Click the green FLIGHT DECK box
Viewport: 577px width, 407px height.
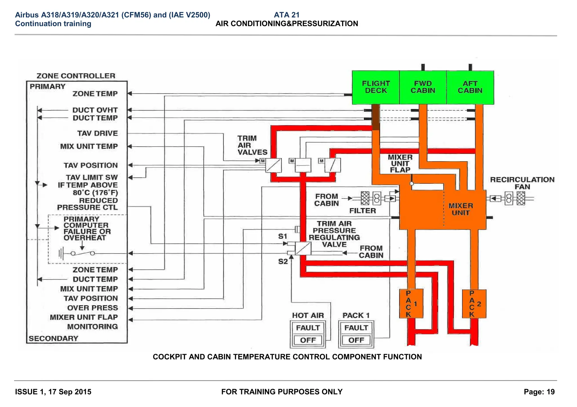(x=376, y=87)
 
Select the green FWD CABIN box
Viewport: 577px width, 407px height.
(x=423, y=87)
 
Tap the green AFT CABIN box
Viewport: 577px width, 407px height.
(x=470, y=87)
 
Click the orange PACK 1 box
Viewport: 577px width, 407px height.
(x=411, y=303)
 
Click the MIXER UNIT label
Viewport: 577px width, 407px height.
(x=461, y=209)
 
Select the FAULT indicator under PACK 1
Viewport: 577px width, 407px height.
(x=356, y=328)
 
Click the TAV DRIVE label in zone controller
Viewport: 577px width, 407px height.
(x=97, y=133)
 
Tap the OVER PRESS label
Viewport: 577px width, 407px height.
(x=92, y=308)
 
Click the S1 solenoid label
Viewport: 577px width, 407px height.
(x=282, y=236)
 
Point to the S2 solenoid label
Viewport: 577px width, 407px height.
(x=283, y=262)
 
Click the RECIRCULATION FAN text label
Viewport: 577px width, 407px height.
(x=522, y=183)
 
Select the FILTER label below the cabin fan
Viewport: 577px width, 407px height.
(x=362, y=211)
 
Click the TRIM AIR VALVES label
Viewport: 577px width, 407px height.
(x=252, y=145)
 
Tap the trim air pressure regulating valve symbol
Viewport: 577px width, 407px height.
(x=303, y=248)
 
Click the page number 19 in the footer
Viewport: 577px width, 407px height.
(x=550, y=392)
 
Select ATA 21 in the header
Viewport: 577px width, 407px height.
(x=287, y=15)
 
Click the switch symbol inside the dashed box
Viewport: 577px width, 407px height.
(x=82, y=253)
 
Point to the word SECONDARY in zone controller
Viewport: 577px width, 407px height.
(x=53, y=338)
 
